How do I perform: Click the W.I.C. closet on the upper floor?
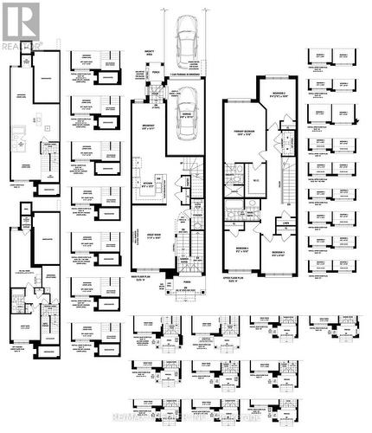pos(258,179)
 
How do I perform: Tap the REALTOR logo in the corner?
pos(21,23)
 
